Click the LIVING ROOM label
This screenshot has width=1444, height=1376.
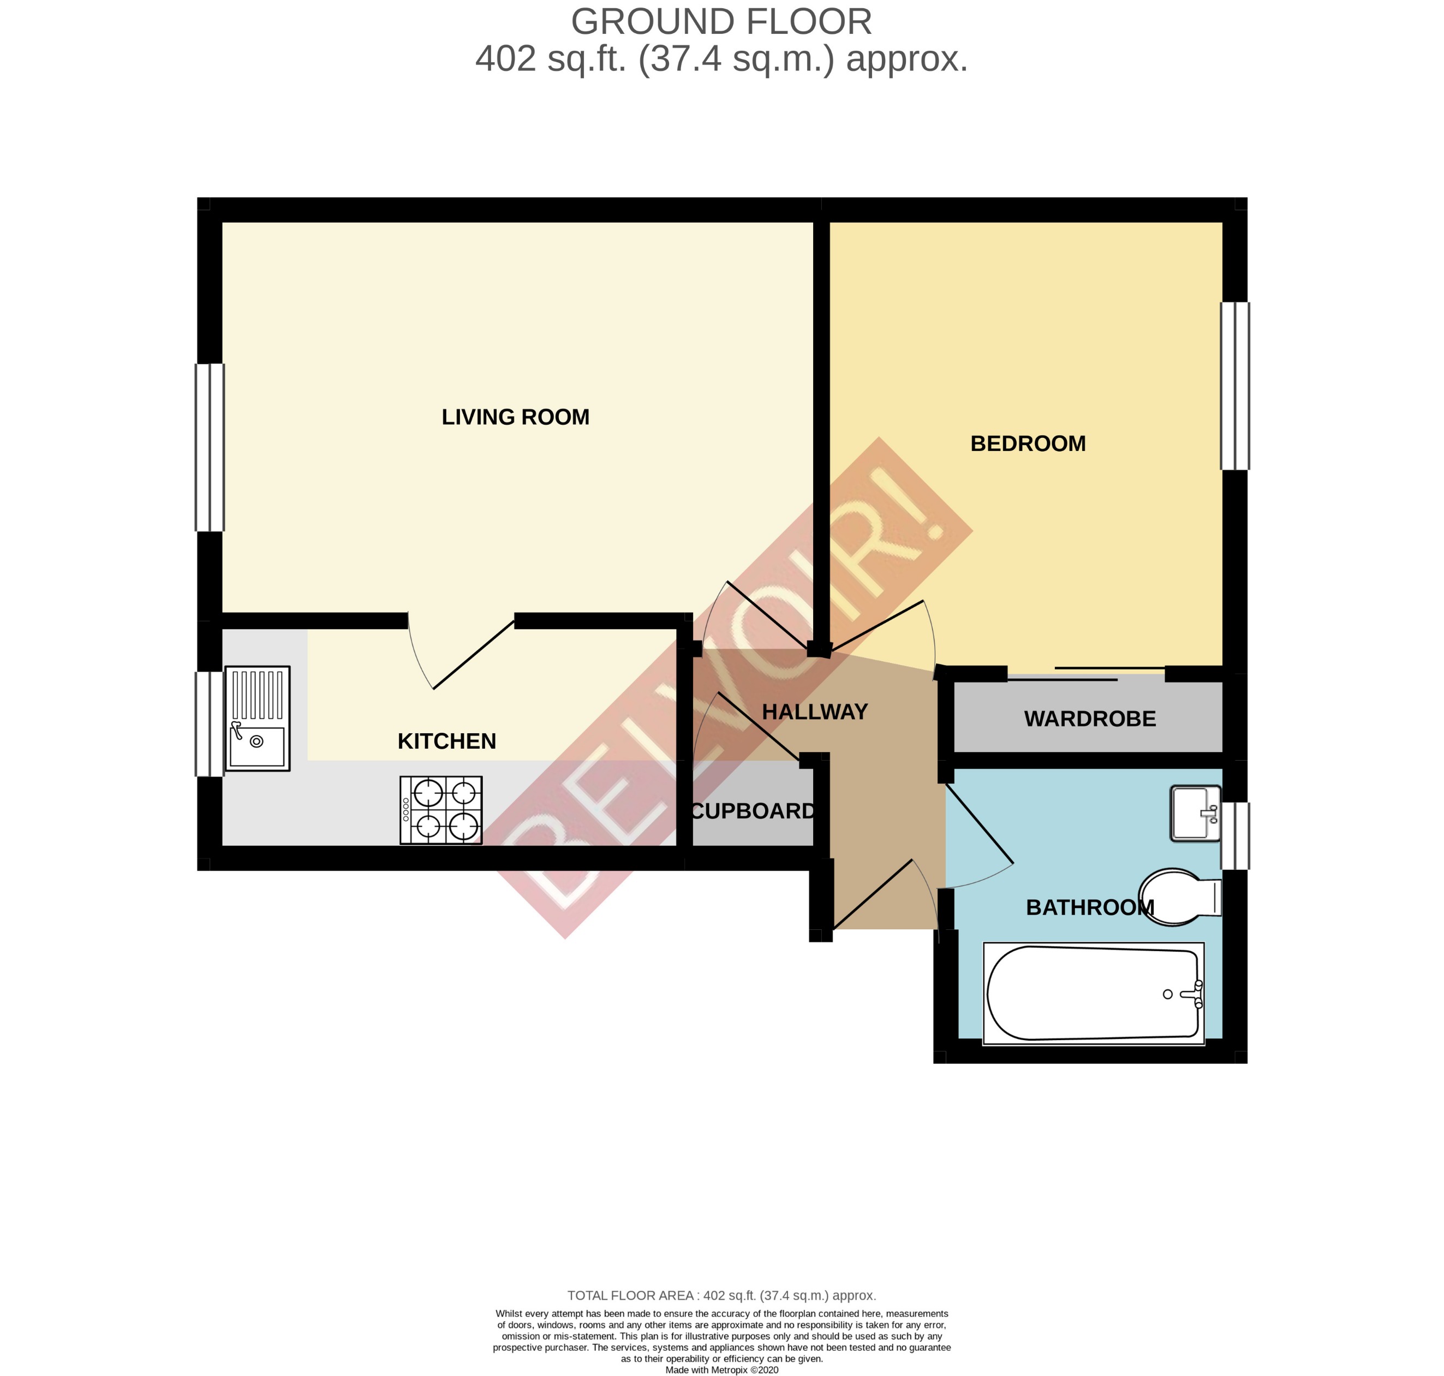[x=515, y=417]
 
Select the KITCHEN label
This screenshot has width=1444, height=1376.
[x=446, y=742]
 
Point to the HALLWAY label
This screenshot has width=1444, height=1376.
[x=814, y=712]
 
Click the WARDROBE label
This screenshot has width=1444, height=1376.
[x=1089, y=719]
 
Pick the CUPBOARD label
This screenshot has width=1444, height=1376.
[x=753, y=811]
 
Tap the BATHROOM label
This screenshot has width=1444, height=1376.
[x=1089, y=908]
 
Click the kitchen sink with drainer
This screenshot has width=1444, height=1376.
[x=257, y=719]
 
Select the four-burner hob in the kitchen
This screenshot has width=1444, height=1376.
[x=440, y=810]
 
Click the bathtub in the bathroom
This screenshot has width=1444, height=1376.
[x=1093, y=994]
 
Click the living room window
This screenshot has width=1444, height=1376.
[x=210, y=447]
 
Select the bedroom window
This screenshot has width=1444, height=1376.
[x=1234, y=386]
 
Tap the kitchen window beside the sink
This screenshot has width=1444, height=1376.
[x=210, y=724]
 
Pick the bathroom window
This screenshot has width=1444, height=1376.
[x=1234, y=836]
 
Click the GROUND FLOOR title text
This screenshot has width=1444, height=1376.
[x=721, y=22]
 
